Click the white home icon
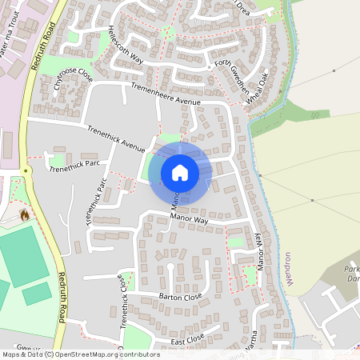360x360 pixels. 180,172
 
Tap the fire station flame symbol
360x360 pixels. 24,214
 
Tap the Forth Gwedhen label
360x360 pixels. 231,77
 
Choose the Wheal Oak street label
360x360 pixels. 257,88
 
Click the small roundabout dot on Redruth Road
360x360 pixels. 26,170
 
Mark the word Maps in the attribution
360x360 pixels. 12,354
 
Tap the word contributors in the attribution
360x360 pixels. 136,354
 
